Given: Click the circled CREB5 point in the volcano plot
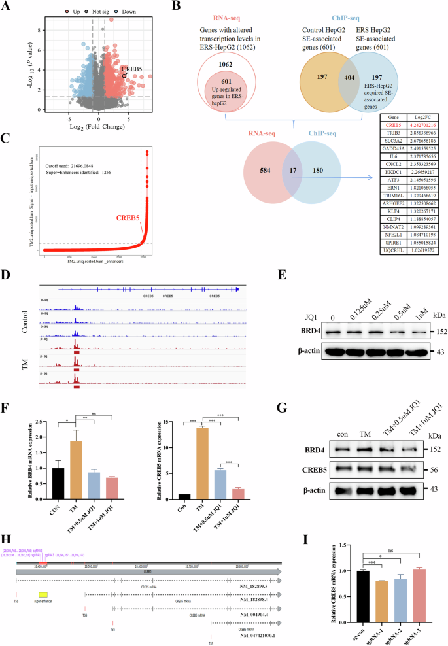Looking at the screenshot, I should [124, 76].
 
